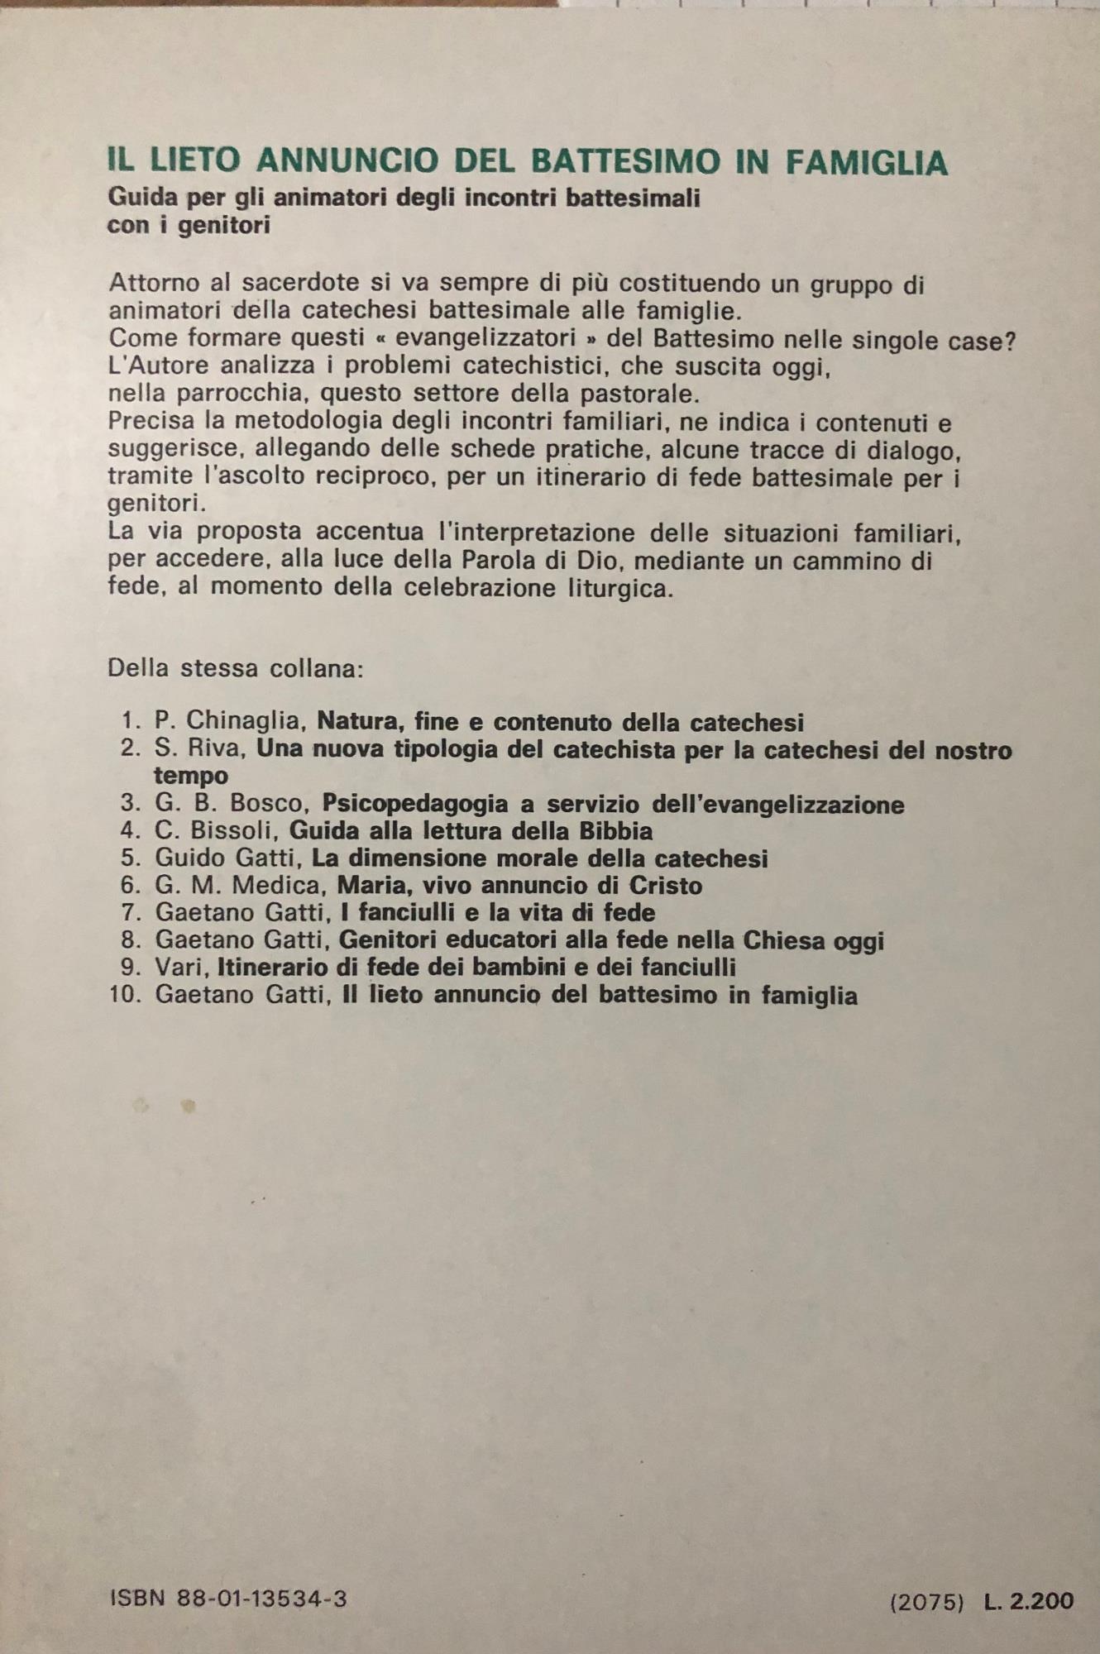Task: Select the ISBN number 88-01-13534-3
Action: coord(262,1599)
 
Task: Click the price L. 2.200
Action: coord(1029,1601)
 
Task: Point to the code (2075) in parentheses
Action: coord(926,1602)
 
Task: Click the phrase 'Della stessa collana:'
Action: coord(236,667)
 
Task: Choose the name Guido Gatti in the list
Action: coord(227,858)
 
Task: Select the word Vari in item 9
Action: coord(183,967)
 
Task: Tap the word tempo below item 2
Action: coord(191,776)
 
